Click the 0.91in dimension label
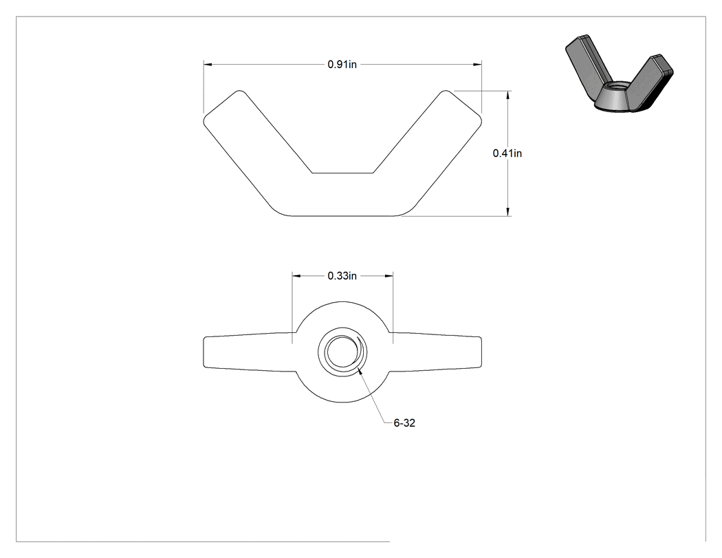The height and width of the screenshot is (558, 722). (342, 65)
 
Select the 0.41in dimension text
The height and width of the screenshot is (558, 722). (507, 153)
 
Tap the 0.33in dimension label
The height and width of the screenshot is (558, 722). (342, 276)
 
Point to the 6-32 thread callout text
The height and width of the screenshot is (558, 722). (404, 423)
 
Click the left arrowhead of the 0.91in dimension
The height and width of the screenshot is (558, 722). (208, 65)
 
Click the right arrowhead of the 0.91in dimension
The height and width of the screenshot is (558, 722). (477, 65)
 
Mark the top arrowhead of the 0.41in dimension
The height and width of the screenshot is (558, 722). (508, 95)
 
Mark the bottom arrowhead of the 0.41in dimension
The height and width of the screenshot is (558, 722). (508, 212)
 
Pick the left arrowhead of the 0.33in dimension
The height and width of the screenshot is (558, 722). (296, 276)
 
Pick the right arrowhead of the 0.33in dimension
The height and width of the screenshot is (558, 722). (389, 276)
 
